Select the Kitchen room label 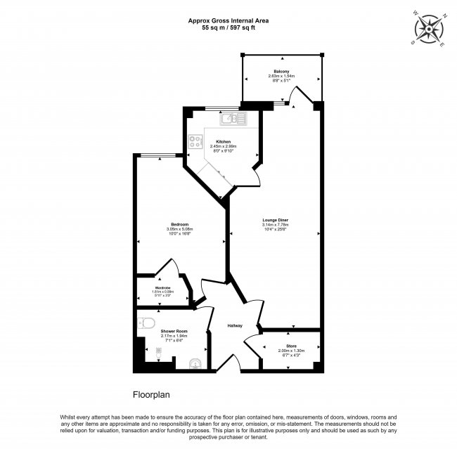point(223,141)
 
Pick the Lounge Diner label point(271,220)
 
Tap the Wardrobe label point(163,287)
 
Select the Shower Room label point(172,330)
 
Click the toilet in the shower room point(146,324)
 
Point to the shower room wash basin point(196,363)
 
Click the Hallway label point(234,325)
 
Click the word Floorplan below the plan point(153,395)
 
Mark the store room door point(251,345)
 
